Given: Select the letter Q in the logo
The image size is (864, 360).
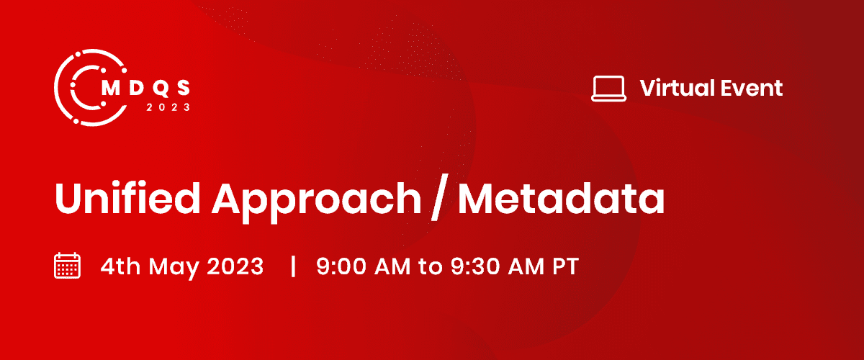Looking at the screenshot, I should click(158, 86).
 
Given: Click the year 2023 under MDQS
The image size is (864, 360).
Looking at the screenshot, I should click(168, 107).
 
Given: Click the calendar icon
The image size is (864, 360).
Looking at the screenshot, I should click(68, 266).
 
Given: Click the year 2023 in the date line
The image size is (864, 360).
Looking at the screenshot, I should click(235, 266).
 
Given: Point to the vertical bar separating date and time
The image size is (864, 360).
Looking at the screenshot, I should click(293, 266).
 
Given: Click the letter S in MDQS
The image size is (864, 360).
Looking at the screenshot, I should click(184, 86).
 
